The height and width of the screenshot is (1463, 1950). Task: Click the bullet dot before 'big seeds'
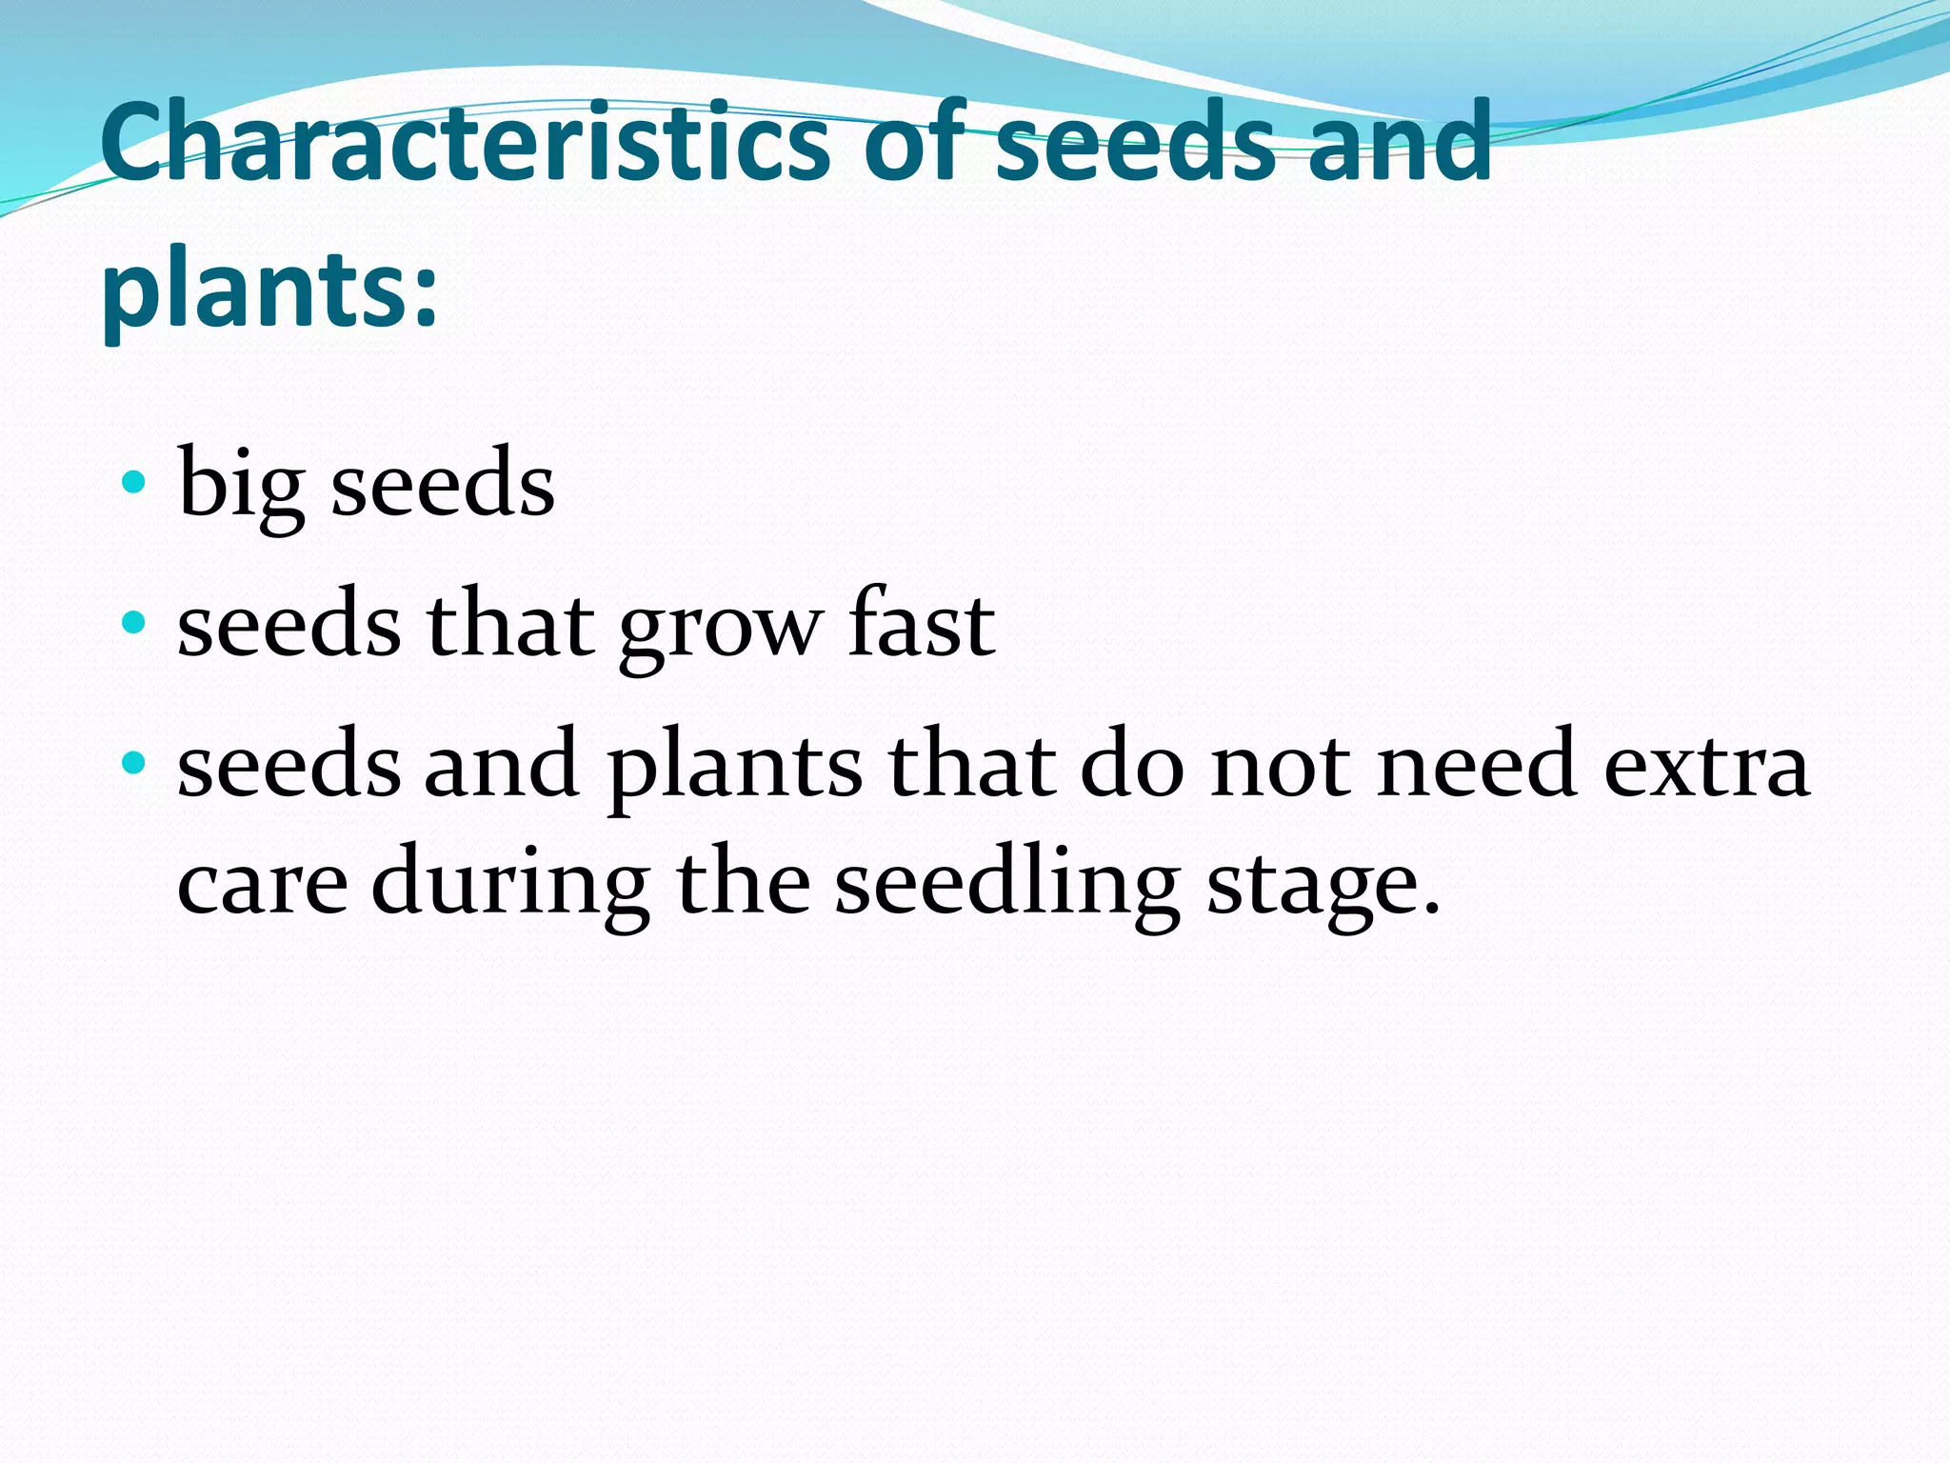[134, 482]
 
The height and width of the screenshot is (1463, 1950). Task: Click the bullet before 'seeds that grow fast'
[134, 624]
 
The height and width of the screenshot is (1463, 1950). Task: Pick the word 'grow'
[720, 629]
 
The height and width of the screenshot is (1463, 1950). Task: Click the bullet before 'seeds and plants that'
[134, 763]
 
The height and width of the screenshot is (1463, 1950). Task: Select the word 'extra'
[1706, 767]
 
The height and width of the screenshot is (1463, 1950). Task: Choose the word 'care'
[263, 884]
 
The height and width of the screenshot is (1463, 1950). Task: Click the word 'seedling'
[1007, 884]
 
